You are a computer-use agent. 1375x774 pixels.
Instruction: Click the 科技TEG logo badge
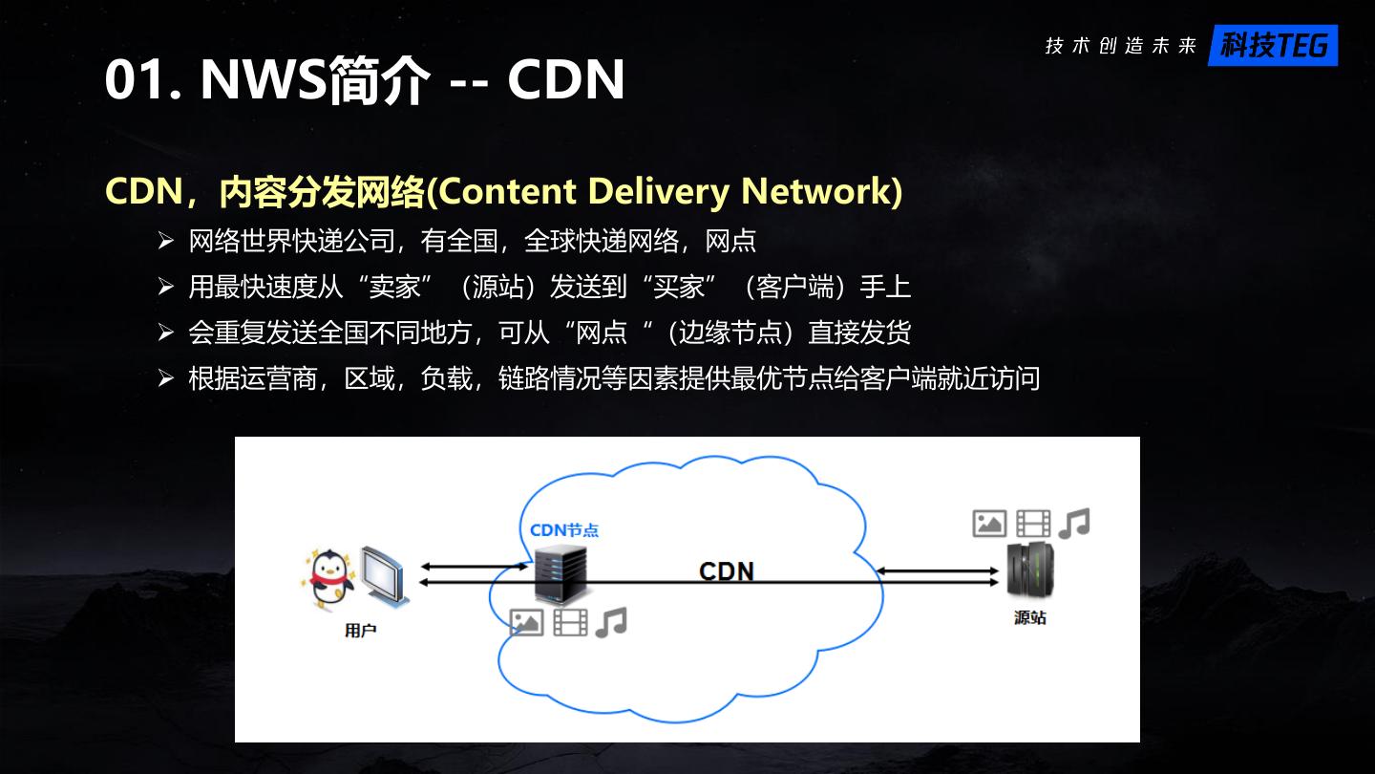(x=1273, y=45)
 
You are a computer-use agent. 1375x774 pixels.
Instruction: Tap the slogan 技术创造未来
(x=1120, y=46)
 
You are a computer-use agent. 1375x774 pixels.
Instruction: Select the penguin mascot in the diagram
(x=330, y=577)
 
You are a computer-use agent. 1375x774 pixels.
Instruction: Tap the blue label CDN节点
(x=564, y=529)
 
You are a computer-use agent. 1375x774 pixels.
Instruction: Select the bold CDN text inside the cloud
(x=727, y=571)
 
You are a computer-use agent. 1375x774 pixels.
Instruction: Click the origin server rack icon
(x=1029, y=570)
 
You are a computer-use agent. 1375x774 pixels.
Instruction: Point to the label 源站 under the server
(x=1029, y=617)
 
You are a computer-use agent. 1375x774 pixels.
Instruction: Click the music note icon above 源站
(x=1074, y=523)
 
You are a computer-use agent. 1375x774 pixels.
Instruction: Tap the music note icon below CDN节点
(x=611, y=622)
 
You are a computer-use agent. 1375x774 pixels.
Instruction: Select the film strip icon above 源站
(x=1033, y=524)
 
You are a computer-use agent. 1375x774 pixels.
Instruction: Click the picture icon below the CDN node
(x=526, y=623)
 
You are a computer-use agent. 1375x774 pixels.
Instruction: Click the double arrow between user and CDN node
(x=474, y=573)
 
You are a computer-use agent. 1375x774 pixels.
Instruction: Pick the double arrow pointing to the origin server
(x=938, y=576)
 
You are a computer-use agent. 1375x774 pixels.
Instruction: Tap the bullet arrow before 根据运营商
(x=166, y=378)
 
